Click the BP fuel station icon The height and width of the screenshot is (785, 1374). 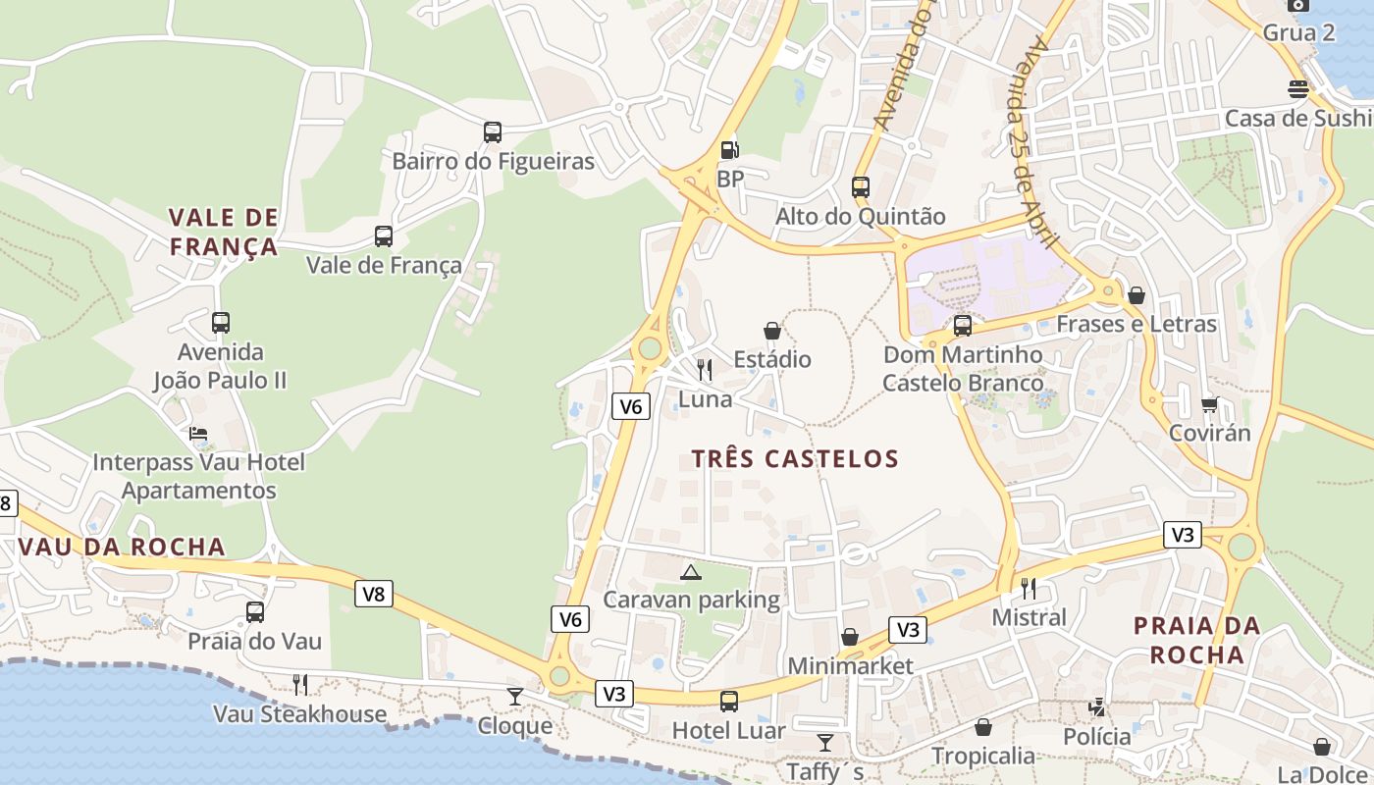click(x=729, y=150)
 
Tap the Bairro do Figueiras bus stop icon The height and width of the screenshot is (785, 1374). click(x=493, y=131)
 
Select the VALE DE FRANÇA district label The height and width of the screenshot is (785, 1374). click(x=224, y=232)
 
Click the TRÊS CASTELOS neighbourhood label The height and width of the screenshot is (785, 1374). click(x=795, y=458)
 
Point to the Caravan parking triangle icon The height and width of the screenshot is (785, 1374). click(x=691, y=572)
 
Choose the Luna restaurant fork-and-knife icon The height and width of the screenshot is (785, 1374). click(x=705, y=370)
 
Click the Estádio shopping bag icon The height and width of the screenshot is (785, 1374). click(x=772, y=331)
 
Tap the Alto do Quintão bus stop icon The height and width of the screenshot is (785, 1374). click(x=861, y=186)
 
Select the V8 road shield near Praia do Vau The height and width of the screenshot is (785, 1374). click(x=374, y=593)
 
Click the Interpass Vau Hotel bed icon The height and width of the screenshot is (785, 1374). click(x=198, y=433)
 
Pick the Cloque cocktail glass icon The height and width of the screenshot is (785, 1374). click(x=515, y=697)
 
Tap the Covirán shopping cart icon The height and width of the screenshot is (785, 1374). click(x=1210, y=404)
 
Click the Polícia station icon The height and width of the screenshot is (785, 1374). click(x=1097, y=706)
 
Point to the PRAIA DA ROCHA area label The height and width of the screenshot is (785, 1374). click(x=1196, y=640)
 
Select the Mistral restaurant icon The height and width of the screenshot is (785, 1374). click(x=1029, y=588)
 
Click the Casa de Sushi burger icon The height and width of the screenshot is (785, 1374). click(x=1298, y=89)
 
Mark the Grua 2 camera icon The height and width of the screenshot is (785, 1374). click(x=1298, y=4)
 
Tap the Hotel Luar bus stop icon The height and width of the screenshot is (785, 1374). click(x=729, y=701)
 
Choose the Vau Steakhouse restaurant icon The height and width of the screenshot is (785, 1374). click(x=300, y=684)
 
